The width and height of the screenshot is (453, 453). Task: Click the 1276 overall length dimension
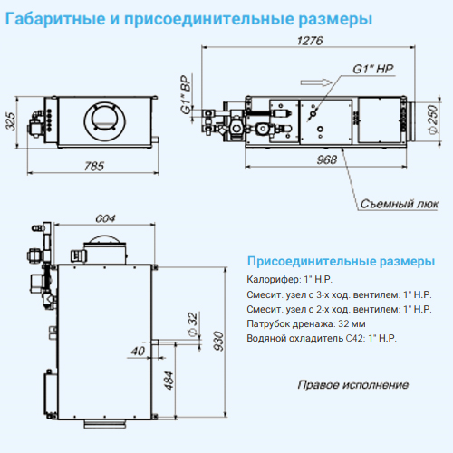(310, 41)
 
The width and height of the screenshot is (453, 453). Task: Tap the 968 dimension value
(327, 159)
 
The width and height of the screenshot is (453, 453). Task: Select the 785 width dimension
(94, 166)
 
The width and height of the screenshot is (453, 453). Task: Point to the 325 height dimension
(11, 121)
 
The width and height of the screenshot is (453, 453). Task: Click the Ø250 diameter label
(433, 119)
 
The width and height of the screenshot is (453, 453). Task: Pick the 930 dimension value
(218, 341)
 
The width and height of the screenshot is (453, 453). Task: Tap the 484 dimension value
(169, 381)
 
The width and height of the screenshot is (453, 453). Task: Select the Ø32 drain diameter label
(192, 323)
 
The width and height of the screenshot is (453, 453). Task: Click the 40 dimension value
(138, 351)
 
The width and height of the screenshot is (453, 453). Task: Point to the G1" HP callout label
(373, 69)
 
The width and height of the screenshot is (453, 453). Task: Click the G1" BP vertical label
(187, 94)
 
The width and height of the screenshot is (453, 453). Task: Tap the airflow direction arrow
(316, 82)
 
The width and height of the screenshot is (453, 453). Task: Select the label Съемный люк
(399, 204)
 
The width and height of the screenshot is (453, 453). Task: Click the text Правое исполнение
(353, 385)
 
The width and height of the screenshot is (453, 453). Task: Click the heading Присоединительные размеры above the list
(341, 261)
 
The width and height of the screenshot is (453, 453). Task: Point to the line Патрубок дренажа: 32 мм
(306, 323)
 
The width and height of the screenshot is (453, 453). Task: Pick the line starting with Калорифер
(289, 279)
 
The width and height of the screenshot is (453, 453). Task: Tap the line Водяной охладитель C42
(322, 338)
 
